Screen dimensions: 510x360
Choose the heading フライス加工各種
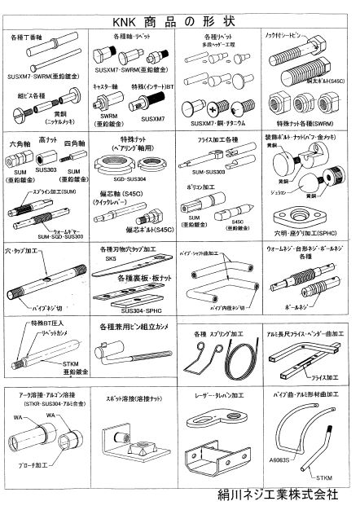218,141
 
